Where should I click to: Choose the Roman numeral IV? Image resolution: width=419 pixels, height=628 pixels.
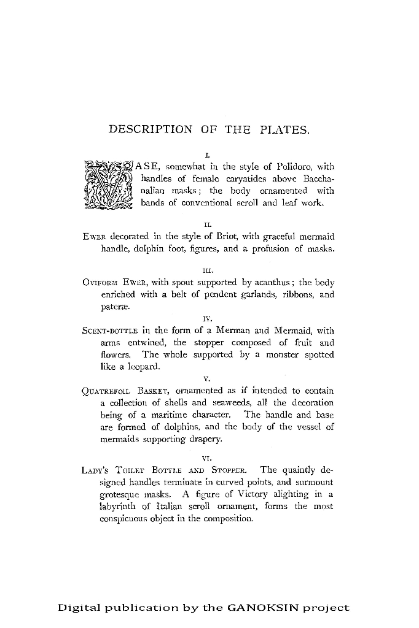(208, 318)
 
